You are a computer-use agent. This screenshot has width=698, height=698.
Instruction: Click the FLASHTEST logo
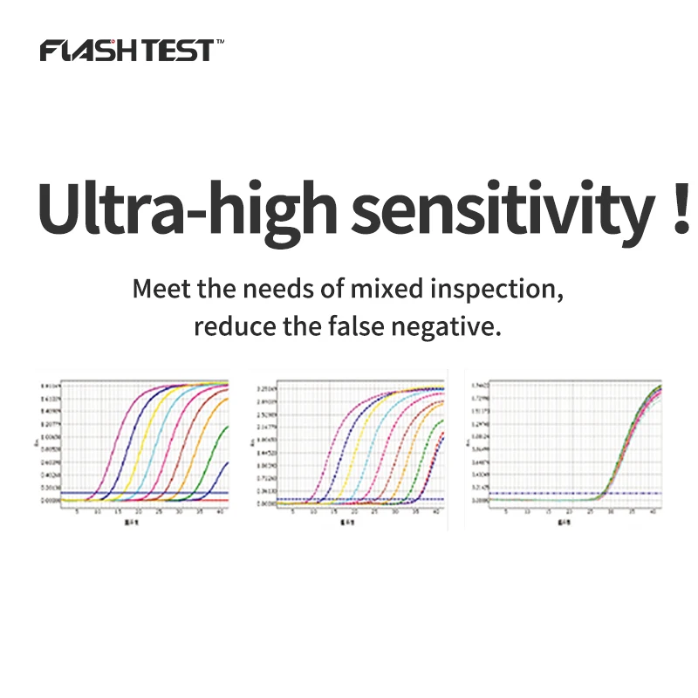[x=126, y=51]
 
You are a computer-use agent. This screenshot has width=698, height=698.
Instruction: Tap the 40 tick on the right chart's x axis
[x=654, y=512]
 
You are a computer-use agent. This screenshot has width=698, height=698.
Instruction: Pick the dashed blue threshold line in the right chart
[x=523, y=494]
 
